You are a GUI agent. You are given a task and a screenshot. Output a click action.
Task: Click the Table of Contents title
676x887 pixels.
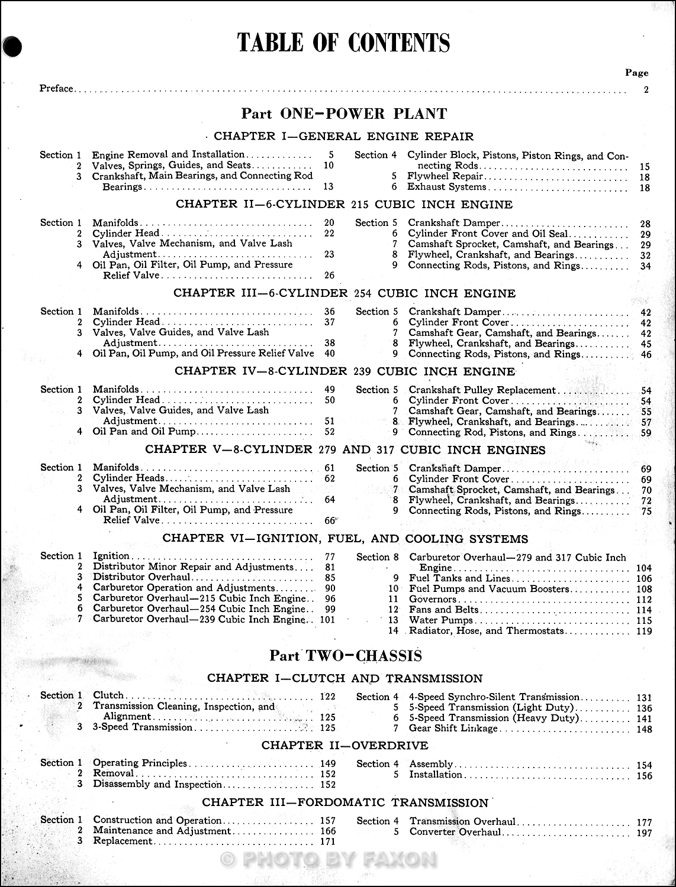343,43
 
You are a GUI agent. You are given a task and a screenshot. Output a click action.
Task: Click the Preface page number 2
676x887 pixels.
646,90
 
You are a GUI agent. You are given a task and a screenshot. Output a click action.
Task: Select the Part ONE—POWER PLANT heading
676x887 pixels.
344,114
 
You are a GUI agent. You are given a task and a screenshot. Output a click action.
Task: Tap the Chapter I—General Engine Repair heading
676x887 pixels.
343,137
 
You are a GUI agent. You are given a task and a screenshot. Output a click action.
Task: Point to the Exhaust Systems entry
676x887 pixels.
447,187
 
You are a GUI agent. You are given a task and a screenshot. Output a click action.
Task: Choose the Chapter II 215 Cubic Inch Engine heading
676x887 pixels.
344,205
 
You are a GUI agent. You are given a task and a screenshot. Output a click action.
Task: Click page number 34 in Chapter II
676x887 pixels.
645,266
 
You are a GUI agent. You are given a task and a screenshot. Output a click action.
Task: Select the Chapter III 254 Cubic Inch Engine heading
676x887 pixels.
344,293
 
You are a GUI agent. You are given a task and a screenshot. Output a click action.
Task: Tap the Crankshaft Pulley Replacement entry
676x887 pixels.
482,390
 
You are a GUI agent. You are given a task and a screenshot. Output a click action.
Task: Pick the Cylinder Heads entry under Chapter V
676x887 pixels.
129,478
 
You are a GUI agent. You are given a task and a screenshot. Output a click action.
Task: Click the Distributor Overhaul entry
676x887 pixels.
142,577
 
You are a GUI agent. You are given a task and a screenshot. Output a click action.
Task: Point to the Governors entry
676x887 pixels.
433,599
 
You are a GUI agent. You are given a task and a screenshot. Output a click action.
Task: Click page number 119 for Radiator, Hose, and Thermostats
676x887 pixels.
643,631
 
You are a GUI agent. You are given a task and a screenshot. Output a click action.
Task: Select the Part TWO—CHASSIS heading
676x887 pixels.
346,656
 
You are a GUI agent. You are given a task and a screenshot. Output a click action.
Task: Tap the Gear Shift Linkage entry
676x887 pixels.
453,729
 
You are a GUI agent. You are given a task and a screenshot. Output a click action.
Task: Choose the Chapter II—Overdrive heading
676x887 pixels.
345,746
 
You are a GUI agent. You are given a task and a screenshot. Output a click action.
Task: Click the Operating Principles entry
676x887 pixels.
140,763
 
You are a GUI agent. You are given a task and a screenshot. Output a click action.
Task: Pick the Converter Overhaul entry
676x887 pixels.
455,832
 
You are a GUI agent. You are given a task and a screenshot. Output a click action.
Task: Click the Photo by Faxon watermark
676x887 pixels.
329,859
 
